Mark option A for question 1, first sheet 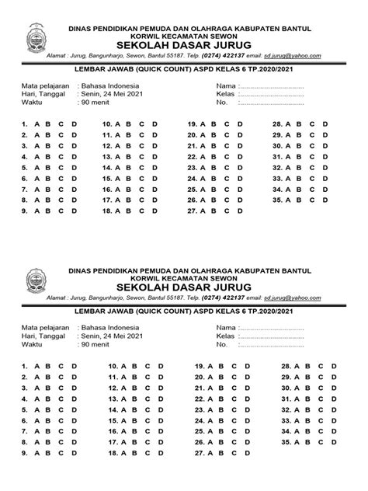[36, 124]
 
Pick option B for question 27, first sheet [213, 210]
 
